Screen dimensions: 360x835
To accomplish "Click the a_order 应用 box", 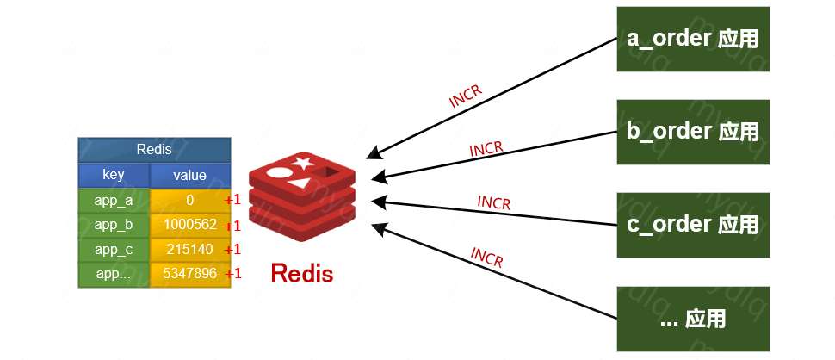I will click(692, 39).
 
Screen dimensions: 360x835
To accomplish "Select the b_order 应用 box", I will click(692, 132).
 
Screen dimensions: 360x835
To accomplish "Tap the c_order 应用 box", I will click(692, 225).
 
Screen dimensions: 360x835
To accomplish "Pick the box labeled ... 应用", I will click(692, 319).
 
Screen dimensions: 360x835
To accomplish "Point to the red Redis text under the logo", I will click(301, 273).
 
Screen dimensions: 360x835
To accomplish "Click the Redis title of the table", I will click(154, 150).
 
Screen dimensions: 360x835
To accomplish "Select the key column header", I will click(114, 175).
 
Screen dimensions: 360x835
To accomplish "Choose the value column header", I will click(189, 175).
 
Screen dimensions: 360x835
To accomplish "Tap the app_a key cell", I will click(114, 201).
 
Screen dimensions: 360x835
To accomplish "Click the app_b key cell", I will click(114, 226).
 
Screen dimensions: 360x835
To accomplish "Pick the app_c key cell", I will click(114, 250).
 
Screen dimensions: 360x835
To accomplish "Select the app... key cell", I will click(114, 275).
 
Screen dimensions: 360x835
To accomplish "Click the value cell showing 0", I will click(189, 201).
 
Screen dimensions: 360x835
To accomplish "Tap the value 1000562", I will click(189, 226).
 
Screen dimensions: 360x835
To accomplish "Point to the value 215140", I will click(189, 250).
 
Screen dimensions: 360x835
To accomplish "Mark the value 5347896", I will click(189, 275).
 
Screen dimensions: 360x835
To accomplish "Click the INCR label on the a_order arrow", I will click(465, 96).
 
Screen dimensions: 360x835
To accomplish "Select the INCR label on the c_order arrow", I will click(494, 203).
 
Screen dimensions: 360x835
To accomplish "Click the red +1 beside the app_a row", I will click(232, 201).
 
